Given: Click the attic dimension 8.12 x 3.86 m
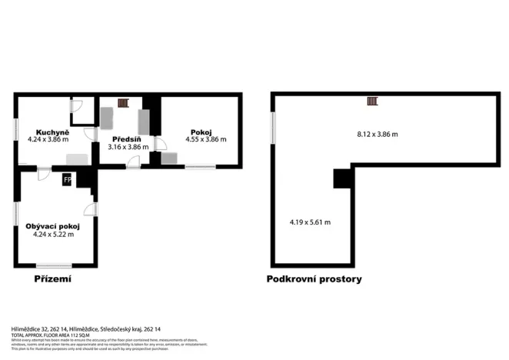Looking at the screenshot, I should pyautogui.click(x=378, y=135).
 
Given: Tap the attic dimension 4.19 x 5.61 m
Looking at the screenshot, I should pyautogui.click(x=310, y=222).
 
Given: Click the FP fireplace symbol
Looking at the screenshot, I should pyautogui.click(x=67, y=181).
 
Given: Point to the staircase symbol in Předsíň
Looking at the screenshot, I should pyautogui.click(x=125, y=102).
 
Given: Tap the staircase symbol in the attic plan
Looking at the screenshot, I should pyautogui.click(x=372, y=101).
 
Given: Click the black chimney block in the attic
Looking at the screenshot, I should pyautogui.click(x=341, y=178).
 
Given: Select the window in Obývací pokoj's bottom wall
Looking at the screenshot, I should pyautogui.click(x=53, y=265).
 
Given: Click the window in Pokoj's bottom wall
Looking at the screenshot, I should pyautogui.click(x=200, y=167).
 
